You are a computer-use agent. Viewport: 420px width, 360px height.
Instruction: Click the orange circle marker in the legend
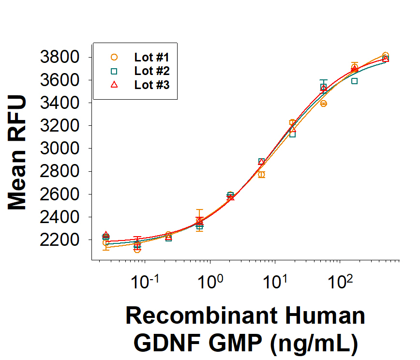click(114, 57)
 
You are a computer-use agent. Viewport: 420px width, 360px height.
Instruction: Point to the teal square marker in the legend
click(114, 71)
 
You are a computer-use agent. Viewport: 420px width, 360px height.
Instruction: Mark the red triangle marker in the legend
click(114, 85)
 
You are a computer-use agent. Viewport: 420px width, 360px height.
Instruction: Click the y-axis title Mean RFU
click(18, 152)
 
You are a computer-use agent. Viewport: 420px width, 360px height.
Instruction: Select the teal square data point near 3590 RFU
click(355, 81)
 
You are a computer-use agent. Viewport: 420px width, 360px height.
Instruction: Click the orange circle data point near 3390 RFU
click(323, 104)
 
